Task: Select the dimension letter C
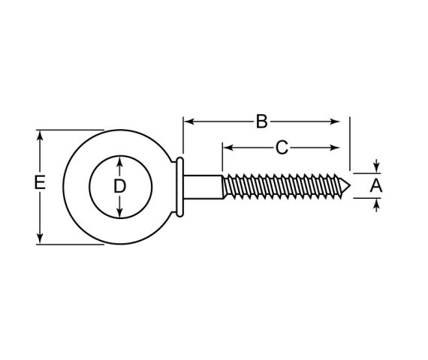point(282,148)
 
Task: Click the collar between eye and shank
point(180,186)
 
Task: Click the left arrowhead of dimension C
point(227,147)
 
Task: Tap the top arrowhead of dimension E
point(41,135)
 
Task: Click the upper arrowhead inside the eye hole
point(119,161)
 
